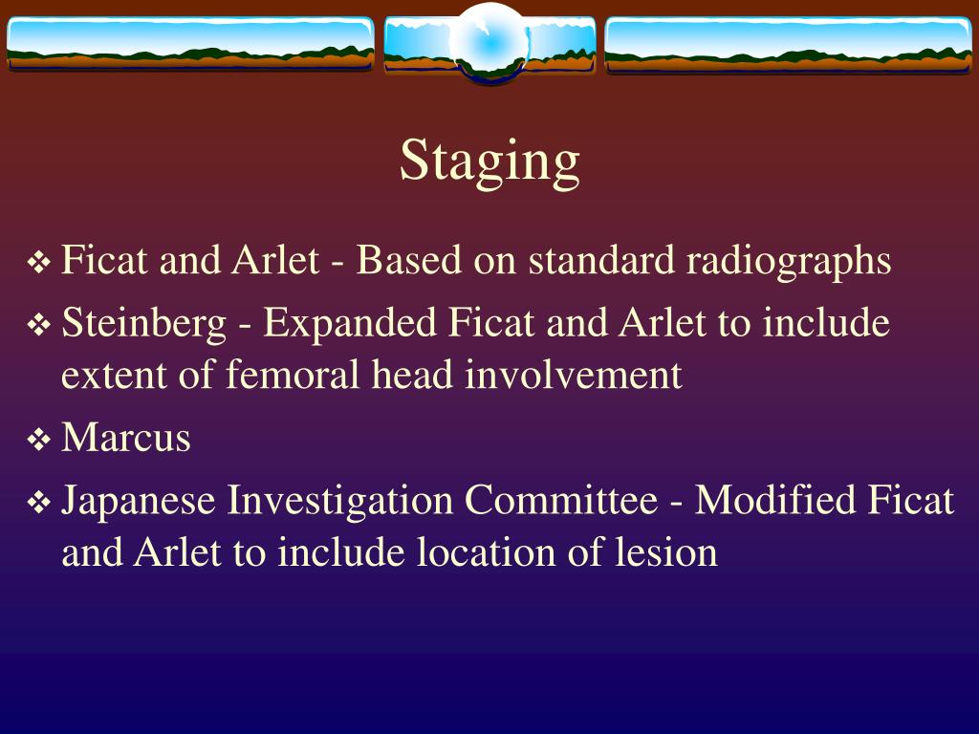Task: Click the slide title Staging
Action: (x=489, y=162)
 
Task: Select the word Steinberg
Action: (x=143, y=324)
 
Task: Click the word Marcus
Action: (x=125, y=439)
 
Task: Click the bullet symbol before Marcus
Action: (x=39, y=441)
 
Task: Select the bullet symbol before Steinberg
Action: (x=39, y=326)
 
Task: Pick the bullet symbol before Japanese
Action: (x=39, y=503)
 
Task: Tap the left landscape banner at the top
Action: (x=189, y=44)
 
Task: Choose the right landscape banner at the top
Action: (x=789, y=44)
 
